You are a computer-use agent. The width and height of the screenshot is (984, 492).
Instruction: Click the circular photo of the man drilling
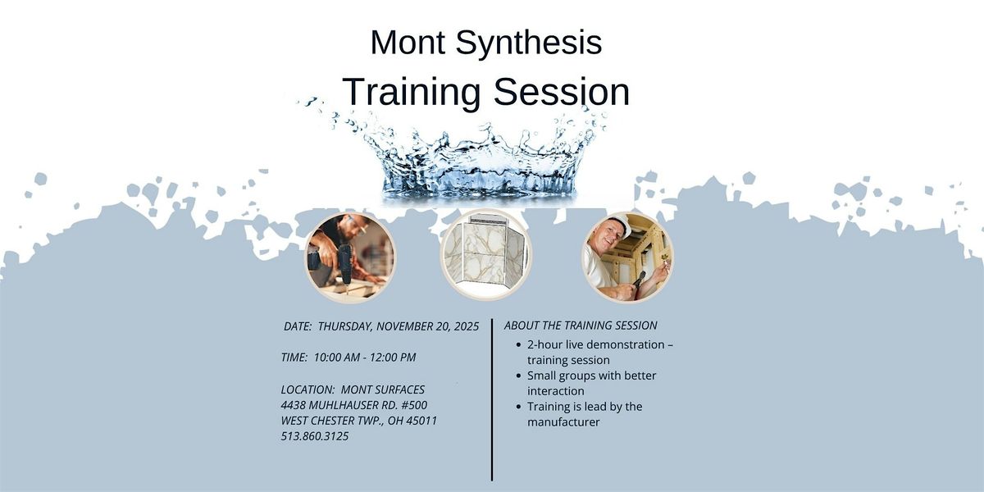tap(350, 257)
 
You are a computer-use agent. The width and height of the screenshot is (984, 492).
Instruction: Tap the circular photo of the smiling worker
tap(628, 257)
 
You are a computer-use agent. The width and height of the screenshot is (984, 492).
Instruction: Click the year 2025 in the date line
tap(464, 326)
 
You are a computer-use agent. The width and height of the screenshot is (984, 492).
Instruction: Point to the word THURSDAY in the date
tap(345, 326)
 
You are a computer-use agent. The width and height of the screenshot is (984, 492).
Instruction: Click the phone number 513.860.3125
tap(315, 436)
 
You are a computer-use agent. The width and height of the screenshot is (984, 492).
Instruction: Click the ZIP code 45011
tap(421, 421)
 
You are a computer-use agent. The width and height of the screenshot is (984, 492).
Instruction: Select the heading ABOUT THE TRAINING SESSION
tap(581, 326)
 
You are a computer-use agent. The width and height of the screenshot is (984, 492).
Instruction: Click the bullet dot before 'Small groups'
tap(519, 376)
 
